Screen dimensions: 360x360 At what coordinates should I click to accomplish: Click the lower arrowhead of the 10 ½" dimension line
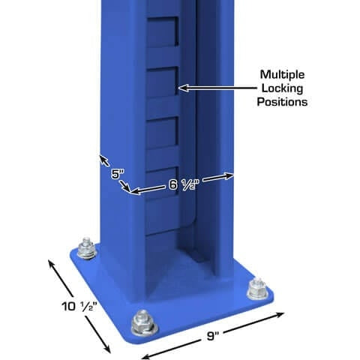109,352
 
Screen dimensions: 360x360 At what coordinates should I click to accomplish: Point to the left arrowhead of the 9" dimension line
143,355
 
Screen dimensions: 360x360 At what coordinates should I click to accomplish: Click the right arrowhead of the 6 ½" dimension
234,175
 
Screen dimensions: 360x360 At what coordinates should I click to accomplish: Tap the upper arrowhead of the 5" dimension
99,156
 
